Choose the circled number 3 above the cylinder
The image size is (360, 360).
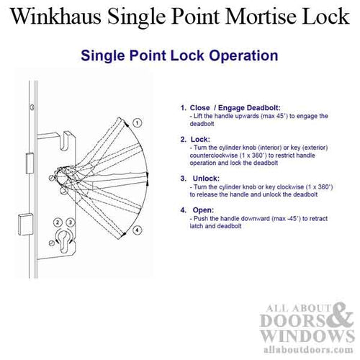[71, 220]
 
